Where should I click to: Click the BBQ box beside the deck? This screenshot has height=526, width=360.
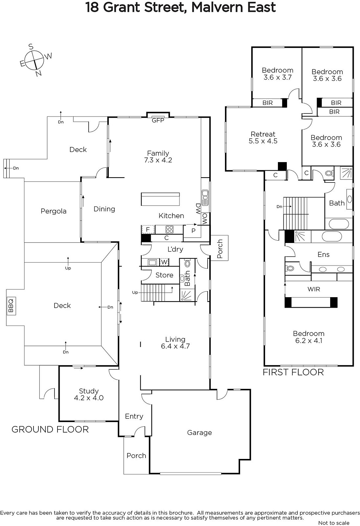pos(11,306)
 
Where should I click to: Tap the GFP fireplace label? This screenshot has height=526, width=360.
pos(158,120)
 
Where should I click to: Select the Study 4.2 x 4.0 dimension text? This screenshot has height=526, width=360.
pos(89,398)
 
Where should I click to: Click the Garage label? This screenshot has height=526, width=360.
pos(199,433)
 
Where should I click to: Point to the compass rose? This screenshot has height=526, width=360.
pos(35,60)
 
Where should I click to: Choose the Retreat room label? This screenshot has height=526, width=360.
pos(263,134)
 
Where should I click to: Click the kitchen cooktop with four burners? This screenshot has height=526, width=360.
pos(169,229)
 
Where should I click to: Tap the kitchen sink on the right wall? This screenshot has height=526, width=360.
pos(205,198)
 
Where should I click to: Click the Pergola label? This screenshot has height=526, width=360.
pos(54,211)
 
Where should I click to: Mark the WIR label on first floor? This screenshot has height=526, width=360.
pos(314,289)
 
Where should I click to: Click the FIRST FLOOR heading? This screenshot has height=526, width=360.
pos(293,372)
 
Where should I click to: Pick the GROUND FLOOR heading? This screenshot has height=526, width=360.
pos(50,429)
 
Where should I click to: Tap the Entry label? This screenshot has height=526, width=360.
pos(134,416)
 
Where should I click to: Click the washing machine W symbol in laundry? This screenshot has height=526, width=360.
pos(164,262)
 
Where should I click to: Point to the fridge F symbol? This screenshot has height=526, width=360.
pos(148,229)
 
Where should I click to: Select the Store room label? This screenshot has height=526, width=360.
pos(164,275)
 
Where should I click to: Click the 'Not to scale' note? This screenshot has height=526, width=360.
pos(334,523)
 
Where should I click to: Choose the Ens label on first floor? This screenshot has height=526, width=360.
pos(324,254)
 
